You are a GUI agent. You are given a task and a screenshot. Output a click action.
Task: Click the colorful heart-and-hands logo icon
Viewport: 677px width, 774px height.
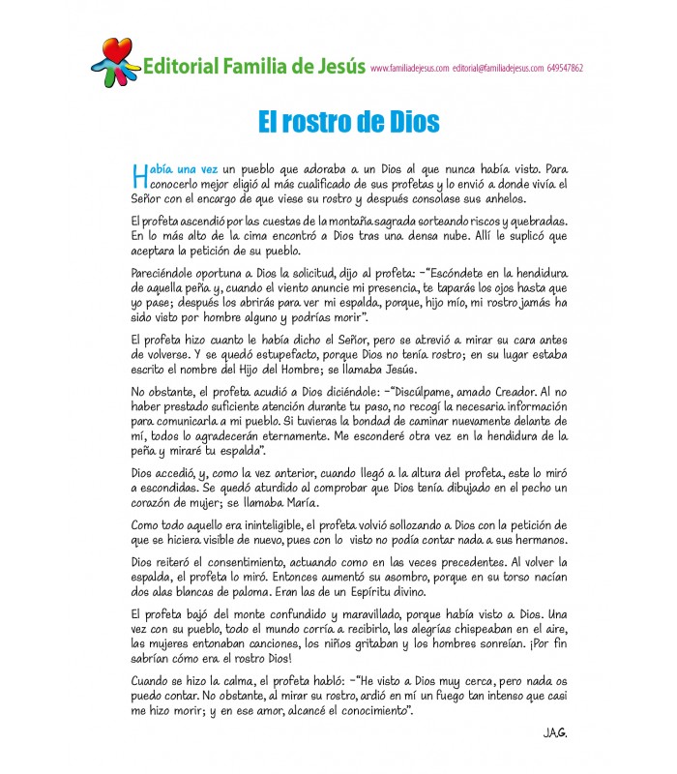pyautogui.click(x=117, y=60)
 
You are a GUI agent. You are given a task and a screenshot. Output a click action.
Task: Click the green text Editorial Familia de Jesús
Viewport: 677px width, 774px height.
pyautogui.click(x=253, y=67)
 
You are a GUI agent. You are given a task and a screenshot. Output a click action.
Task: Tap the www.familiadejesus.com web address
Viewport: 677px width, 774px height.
pyautogui.click(x=409, y=69)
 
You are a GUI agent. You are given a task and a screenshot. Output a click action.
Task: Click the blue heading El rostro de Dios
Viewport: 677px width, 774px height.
pyautogui.click(x=349, y=122)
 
